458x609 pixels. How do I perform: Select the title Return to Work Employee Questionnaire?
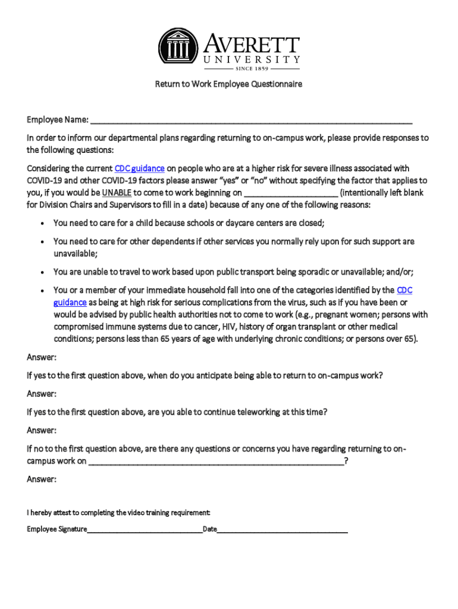point(229,84)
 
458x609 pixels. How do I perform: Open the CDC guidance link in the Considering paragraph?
point(135,169)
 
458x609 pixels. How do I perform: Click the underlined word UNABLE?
point(117,193)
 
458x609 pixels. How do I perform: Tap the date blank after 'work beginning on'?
point(291,193)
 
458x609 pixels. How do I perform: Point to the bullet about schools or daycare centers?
point(189,223)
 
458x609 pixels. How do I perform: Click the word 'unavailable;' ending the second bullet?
point(76,254)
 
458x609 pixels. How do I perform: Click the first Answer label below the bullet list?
point(42,357)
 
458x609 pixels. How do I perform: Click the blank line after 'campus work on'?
point(216,462)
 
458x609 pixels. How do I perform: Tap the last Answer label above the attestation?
point(42,479)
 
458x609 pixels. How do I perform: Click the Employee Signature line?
point(145,529)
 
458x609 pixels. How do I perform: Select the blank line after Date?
point(283,529)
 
